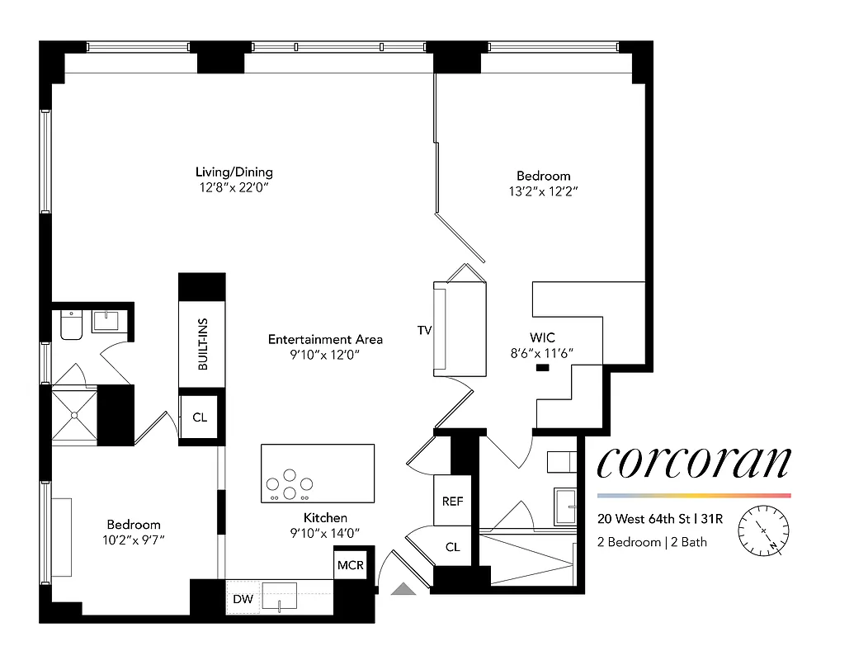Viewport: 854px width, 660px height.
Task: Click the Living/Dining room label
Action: pyautogui.click(x=234, y=172)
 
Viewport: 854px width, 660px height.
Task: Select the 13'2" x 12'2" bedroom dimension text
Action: pyautogui.click(x=543, y=191)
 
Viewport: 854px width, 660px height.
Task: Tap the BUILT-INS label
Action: pyautogui.click(x=202, y=344)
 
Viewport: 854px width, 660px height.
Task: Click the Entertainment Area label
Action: pyautogui.click(x=325, y=339)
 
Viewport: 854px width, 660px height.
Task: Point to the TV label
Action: pyautogui.click(x=424, y=331)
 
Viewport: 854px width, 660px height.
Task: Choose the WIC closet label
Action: pyautogui.click(x=542, y=337)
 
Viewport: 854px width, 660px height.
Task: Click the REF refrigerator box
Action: pyautogui.click(x=452, y=501)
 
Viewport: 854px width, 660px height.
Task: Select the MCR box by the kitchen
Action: pyautogui.click(x=346, y=565)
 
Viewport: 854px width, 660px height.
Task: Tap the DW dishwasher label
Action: pyautogui.click(x=243, y=599)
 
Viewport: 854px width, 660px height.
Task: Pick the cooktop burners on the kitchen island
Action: pyautogui.click(x=289, y=485)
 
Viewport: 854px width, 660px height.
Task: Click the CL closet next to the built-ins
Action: pyautogui.click(x=200, y=417)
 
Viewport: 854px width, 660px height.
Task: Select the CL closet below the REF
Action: pyautogui.click(x=452, y=547)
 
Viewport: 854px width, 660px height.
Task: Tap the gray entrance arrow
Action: pyautogui.click(x=404, y=588)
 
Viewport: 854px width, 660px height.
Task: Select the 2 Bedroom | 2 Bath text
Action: pyautogui.click(x=653, y=542)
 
